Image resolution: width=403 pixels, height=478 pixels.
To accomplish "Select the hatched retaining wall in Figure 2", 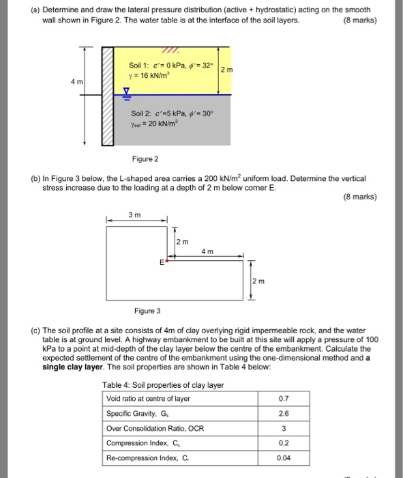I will tap(107, 96).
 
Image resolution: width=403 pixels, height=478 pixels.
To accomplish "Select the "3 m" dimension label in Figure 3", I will tap(136, 216).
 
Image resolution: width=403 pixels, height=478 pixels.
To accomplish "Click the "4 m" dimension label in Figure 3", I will tap(208, 252).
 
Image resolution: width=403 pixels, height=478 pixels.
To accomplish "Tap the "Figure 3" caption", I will tap(147, 311).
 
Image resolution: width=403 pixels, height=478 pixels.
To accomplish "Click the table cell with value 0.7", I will tap(284, 399).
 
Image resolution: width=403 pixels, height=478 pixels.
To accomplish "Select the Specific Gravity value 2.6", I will tap(284, 414).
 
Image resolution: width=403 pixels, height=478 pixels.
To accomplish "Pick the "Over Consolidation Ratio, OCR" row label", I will tap(155, 429).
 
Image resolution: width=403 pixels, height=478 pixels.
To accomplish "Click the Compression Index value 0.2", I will tap(284, 444).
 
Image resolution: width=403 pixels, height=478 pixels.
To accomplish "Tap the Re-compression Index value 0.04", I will tap(284, 459).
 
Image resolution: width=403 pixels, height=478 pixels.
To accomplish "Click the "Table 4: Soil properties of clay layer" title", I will tap(163, 385).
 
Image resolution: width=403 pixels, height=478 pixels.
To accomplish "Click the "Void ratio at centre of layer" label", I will tap(148, 399).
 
